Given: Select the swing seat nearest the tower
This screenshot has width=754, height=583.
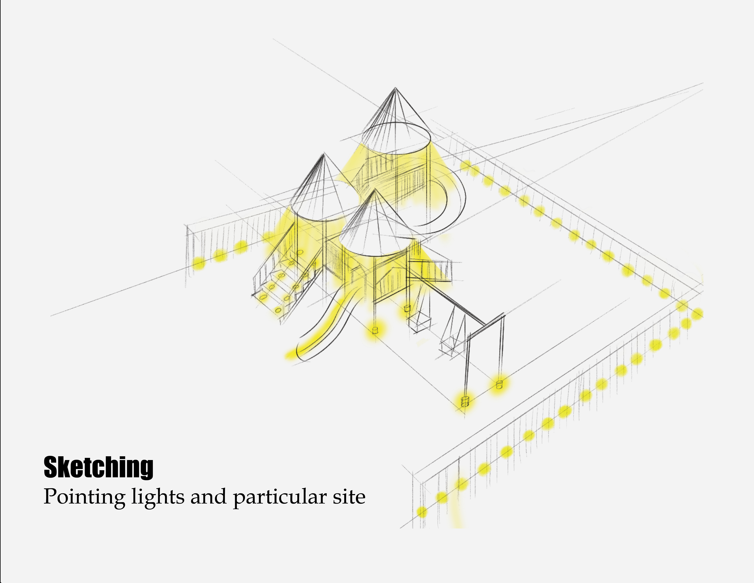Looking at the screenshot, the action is [x=419, y=323].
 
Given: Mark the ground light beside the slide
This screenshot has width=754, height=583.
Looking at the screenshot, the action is [x=375, y=330].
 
